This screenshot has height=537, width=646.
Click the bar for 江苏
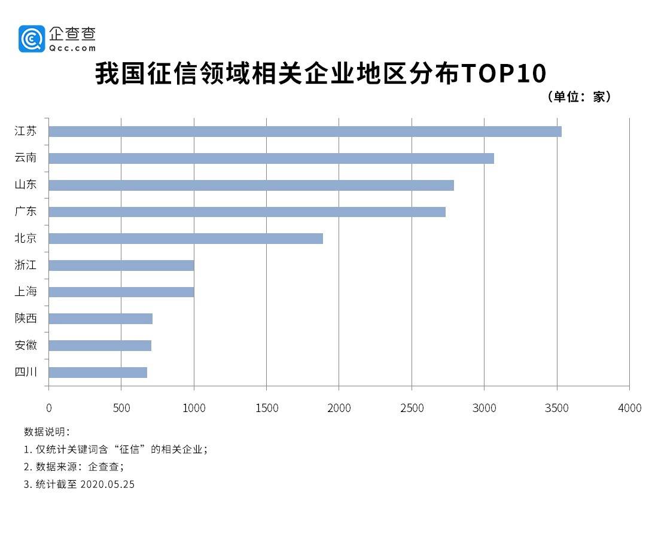[304, 132]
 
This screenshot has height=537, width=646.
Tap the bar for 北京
[185, 239]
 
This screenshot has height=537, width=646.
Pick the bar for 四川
[97, 373]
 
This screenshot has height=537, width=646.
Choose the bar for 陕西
[100, 319]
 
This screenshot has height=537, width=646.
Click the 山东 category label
[26, 185]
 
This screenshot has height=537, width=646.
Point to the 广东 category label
[26, 212]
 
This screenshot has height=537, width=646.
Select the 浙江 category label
[26, 265]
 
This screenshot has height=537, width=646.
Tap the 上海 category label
[26, 292]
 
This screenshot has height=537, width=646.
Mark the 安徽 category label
[26, 345]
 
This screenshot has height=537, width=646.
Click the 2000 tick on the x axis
[339, 408]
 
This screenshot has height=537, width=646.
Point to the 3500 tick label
[557, 408]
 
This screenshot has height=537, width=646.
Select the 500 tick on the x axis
[121, 408]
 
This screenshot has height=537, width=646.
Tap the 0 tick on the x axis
[48, 408]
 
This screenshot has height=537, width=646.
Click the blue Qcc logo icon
[32, 39]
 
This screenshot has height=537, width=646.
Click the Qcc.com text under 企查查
[73, 48]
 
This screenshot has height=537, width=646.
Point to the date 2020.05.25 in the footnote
[107, 484]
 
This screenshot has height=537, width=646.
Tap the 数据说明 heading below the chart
[47, 432]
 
